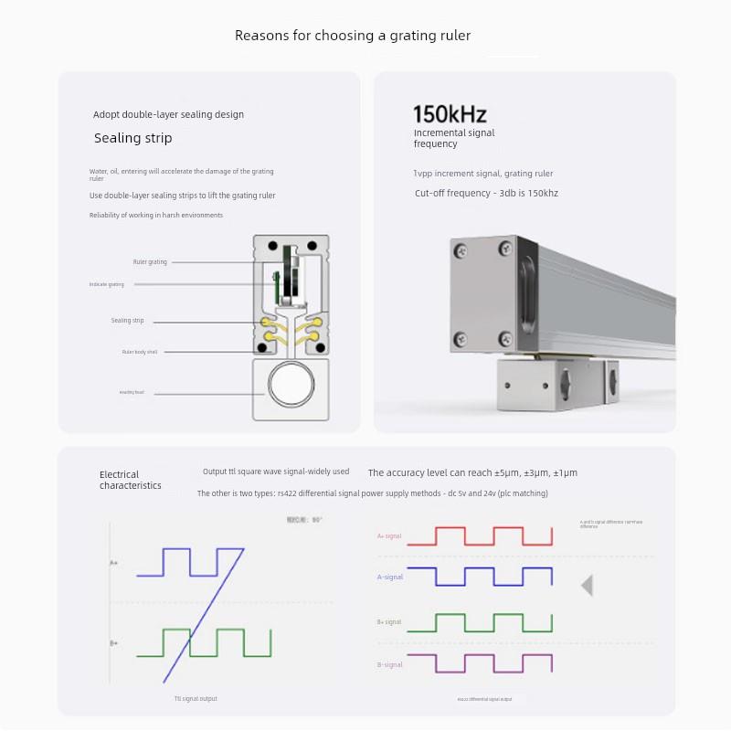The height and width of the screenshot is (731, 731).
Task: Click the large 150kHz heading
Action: coord(450,114)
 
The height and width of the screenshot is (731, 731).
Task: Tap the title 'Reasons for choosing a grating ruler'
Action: coord(353,36)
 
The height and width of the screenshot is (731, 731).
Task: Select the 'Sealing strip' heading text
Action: coord(132,138)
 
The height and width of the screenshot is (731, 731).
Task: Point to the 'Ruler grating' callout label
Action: coord(150,262)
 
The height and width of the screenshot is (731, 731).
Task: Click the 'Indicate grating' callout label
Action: coord(106,284)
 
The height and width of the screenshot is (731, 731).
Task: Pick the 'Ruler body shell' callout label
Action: coord(140,352)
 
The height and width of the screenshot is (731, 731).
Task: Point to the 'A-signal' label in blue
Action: coord(390,577)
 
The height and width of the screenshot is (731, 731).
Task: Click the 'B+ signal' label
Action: coord(389,622)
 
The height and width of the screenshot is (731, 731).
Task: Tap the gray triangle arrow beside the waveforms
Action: coord(587,585)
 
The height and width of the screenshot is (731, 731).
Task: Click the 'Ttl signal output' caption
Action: coord(196,699)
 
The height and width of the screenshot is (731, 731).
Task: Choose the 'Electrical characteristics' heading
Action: coord(130,480)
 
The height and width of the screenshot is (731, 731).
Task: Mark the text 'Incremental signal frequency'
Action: coord(453,138)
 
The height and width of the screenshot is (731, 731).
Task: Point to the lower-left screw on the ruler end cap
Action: coord(463,337)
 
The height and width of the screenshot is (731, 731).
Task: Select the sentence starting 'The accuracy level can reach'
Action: coord(472,472)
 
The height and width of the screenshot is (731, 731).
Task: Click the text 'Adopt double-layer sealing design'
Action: coord(168,115)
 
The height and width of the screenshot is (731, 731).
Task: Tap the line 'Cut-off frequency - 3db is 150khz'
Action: coord(486,193)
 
